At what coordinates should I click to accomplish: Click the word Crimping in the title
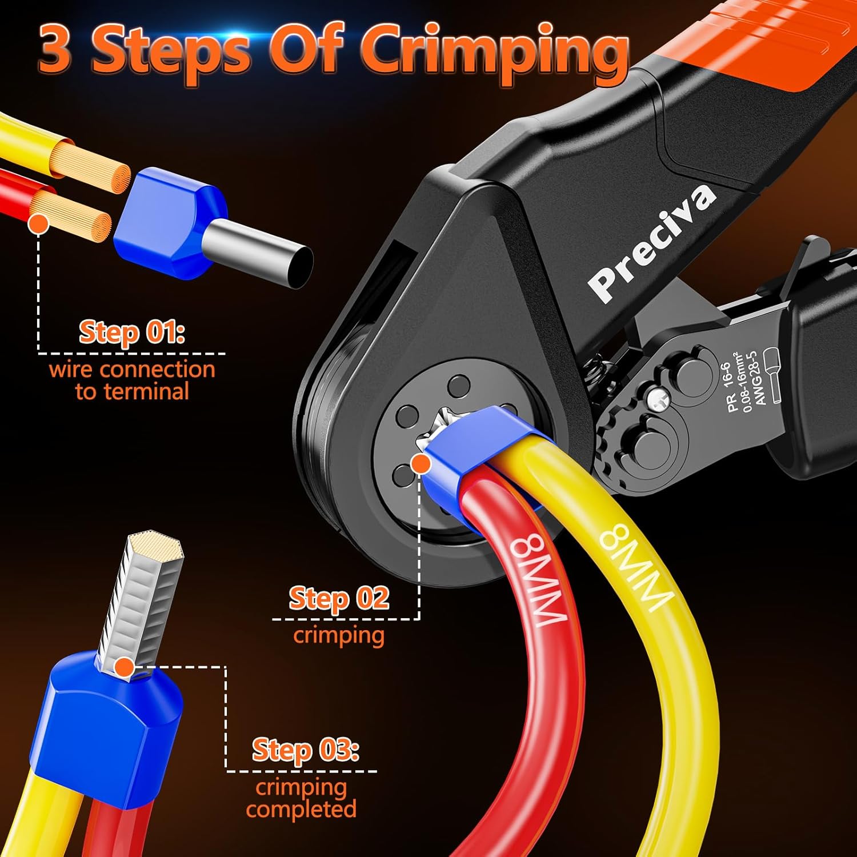pos(495,53)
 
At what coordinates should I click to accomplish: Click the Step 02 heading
pos(339,598)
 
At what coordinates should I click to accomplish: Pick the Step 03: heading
pos(306,750)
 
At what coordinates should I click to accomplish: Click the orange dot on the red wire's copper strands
pos(38,223)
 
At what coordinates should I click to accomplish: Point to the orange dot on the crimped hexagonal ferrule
pos(124,667)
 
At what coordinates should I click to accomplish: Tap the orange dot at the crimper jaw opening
pos(421,464)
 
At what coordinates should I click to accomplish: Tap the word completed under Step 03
pos(301,809)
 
